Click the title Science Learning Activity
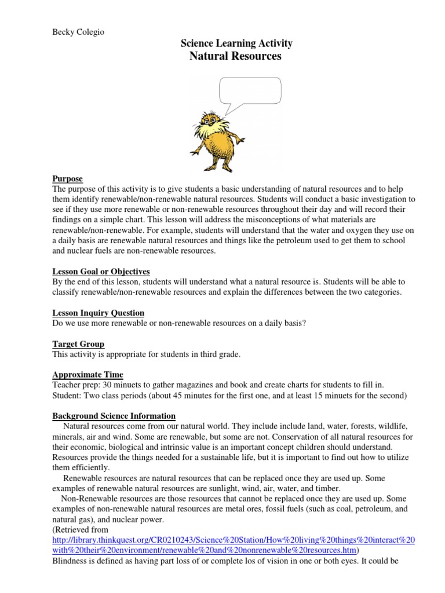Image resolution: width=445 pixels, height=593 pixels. [236, 43]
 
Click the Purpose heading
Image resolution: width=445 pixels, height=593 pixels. [68, 179]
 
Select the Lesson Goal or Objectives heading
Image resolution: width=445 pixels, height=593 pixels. [101, 271]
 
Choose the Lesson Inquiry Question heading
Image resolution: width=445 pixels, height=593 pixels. [99, 313]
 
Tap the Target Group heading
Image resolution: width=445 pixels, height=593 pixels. [79, 344]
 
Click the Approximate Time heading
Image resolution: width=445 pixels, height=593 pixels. [88, 375]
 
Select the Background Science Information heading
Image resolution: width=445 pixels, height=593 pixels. [114, 416]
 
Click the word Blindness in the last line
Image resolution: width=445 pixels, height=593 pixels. [72, 561]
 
